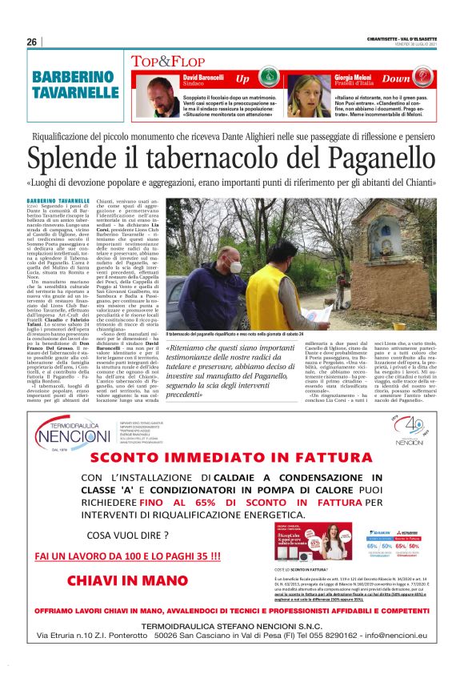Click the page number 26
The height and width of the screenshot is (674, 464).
tap(32, 42)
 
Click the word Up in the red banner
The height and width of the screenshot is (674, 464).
tap(243, 78)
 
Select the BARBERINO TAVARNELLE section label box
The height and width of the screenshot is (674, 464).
tap(76, 86)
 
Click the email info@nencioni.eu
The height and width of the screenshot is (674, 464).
tap(393, 636)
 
